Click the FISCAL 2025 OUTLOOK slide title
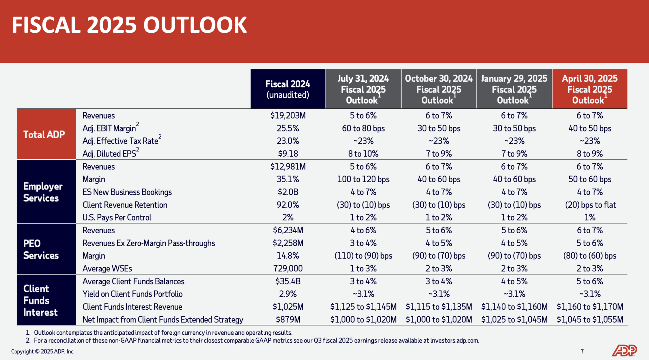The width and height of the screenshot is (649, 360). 129,25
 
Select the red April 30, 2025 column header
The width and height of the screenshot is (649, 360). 589,89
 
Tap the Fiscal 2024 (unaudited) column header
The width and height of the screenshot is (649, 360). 288,89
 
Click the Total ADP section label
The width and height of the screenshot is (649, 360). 44,134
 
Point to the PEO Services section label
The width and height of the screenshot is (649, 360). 41,249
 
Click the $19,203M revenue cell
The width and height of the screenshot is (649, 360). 288,116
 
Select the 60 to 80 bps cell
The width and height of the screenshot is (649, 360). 363,128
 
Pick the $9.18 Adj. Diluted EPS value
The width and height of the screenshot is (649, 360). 288,154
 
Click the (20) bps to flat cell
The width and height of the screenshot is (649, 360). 590,205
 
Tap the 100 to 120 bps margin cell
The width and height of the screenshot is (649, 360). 363,179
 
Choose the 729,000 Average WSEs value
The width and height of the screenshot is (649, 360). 288,269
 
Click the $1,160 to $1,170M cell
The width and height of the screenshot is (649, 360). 590,307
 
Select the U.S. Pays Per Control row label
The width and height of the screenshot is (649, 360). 117,218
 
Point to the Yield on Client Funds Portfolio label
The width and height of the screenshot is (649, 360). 132,294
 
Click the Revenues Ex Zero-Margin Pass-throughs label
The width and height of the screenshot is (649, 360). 149,243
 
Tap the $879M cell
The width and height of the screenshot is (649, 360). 288,319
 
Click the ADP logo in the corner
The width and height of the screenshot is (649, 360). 624,350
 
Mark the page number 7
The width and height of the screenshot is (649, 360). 582,351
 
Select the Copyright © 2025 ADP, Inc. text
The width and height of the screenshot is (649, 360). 43,351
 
